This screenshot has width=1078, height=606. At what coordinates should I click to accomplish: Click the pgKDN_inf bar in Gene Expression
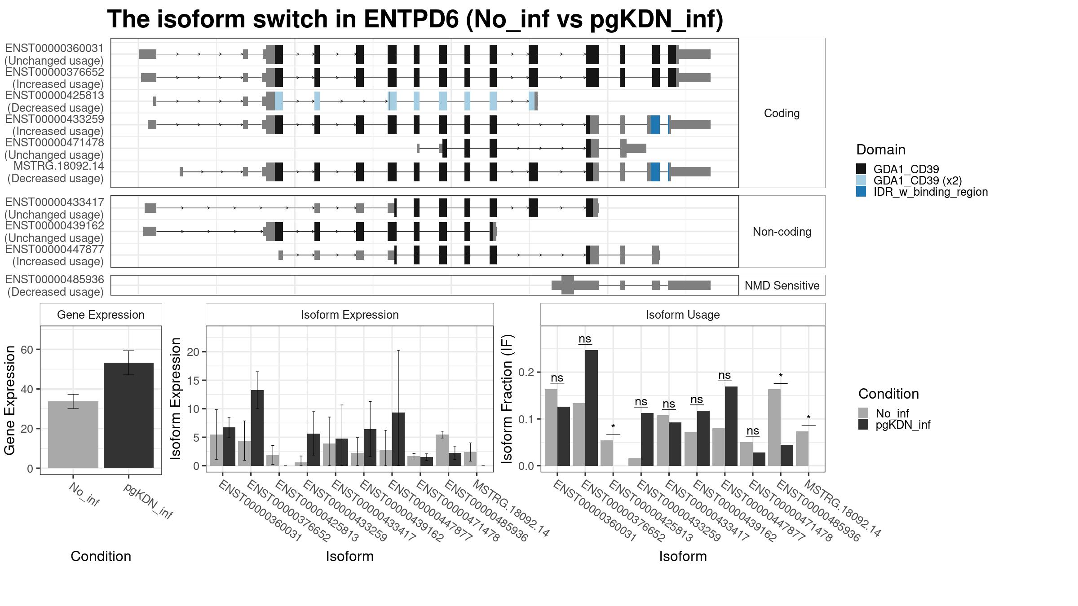click(128, 415)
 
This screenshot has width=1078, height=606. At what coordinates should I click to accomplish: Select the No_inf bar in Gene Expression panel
click(73, 435)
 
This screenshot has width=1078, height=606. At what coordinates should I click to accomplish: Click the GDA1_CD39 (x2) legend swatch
click(861, 180)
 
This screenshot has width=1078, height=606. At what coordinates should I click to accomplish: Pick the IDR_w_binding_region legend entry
click(930, 192)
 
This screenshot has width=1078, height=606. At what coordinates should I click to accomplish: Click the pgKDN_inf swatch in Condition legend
click(863, 425)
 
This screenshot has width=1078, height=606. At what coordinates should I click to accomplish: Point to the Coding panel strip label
click(782, 113)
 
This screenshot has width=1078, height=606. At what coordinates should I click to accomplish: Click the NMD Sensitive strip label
click(782, 285)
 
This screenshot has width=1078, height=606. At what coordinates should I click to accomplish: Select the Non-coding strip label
click(782, 232)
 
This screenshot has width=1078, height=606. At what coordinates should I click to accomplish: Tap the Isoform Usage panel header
click(682, 315)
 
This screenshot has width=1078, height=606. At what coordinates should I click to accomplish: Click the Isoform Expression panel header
click(349, 315)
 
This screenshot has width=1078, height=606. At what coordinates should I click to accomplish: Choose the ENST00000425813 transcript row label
click(54, 101)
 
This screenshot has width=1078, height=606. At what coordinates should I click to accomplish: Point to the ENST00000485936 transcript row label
click(54, 285)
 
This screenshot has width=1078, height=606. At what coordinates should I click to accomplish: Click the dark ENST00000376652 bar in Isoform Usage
click(591, 408)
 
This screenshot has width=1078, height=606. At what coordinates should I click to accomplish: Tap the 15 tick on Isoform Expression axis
click(193, 380)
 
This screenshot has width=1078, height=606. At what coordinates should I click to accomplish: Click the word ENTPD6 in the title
click(411, 19)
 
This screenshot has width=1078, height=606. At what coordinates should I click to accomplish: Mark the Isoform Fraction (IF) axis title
click(508, 399)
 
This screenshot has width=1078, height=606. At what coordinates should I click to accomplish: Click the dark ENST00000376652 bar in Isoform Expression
click(257, 428)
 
